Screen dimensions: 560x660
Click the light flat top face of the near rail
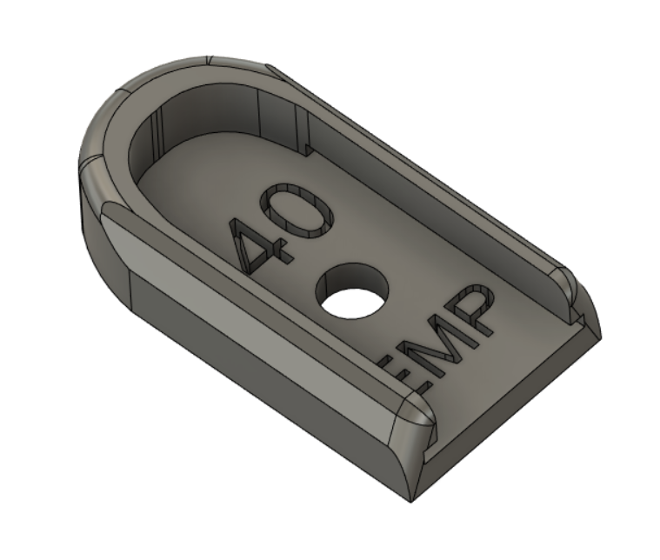pyautogui.click(x=261, y=304)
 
